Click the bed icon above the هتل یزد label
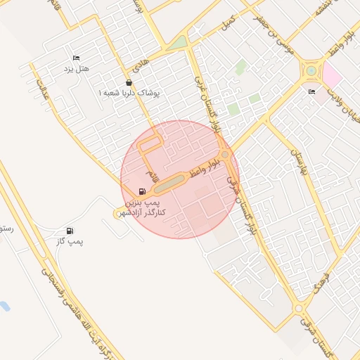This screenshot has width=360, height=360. [76, 58]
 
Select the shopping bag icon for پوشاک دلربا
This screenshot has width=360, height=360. [128, 82]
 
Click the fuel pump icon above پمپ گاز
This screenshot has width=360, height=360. [70, 231]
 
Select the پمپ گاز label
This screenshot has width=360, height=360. [70, 242]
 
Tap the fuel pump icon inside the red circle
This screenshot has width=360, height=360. [143, 191]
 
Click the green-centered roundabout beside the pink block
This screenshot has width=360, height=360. [310, 70]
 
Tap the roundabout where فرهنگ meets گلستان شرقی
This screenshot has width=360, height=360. [299, 308]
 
